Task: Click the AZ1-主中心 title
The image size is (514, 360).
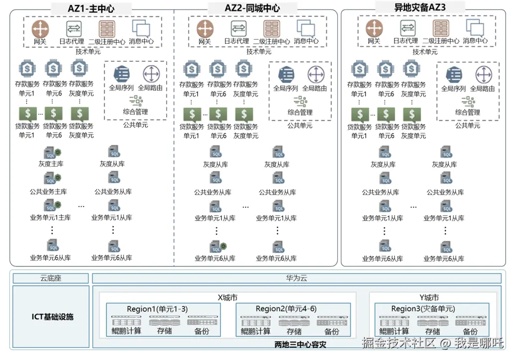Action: [x=92, y=8]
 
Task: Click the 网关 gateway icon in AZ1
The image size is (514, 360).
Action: [x=40, y=28]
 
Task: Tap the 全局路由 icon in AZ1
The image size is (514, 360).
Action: [x=150, y=74]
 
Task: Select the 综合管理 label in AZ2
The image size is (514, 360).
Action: [x=300, y=112]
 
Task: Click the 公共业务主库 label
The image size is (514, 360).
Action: [x=48, y=192]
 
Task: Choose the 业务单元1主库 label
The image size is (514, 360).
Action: [x=50, y=218]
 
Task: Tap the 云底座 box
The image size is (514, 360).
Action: [x=50, y=278]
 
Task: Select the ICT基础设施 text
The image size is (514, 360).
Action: [x=50, y=316]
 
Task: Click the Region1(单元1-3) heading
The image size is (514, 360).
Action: [x=157, y=309]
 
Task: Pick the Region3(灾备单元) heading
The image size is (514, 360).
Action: [x=422, y=309]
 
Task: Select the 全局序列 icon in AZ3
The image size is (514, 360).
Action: [x=453, y=75]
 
